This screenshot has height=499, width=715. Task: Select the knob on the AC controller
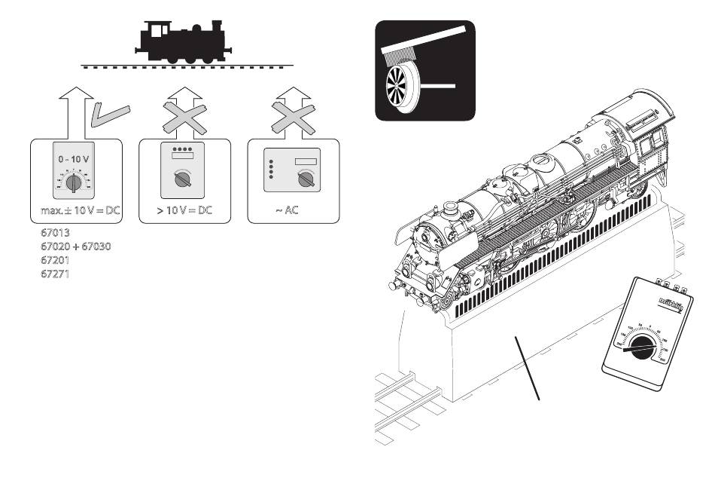(305, 179)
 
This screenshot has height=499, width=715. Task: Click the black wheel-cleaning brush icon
(425, 70)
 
